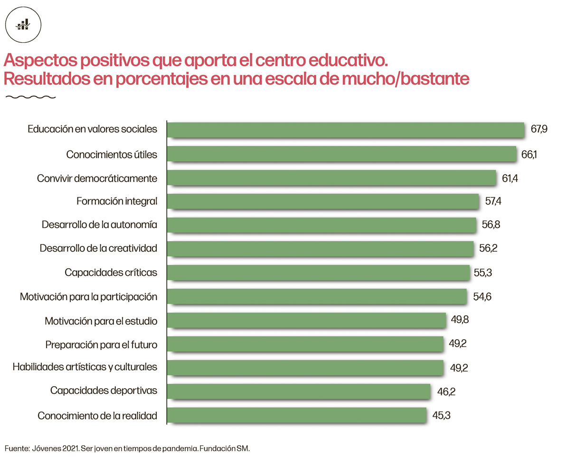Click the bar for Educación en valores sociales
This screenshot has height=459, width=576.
pyautogui.click(x=346, y=130)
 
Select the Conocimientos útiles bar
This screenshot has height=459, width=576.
pyautogui.click(x=342, y=154)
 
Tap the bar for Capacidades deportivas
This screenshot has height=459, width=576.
pyautogui.click(x=299, y=391)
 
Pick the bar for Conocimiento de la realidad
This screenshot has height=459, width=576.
pyautogui.click(x=297, y=415)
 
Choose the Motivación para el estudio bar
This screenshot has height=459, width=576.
pyautogui.click(x=307, y=320)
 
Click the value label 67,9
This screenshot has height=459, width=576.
pyautogui.click(x=539, y=129)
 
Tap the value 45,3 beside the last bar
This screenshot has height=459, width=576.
pyautogui.click(x=441, y=415)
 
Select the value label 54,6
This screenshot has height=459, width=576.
pyautogui.click(x=482, y=297)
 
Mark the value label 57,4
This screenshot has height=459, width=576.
pyautogui.click(x=493, y=202)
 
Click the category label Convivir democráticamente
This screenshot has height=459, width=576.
pyautogui.click(x=97, y=178)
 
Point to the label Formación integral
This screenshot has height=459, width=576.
pyautogui.click(x=117, y=202)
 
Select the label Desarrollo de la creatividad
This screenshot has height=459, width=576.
pyautogui.click(x=98, y=249)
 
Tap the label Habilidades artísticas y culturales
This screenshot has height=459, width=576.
pyautogui.click(x=85, y=367)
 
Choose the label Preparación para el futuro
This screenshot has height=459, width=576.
pyautogui.click(x=101, y=344)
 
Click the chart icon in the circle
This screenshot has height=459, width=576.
pyautogui.click(x=23, y=24)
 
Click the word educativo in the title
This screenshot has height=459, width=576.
pyautogui.click(x=349, y=61)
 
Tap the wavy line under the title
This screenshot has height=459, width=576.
pyautogui.click(x=29, y=98)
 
